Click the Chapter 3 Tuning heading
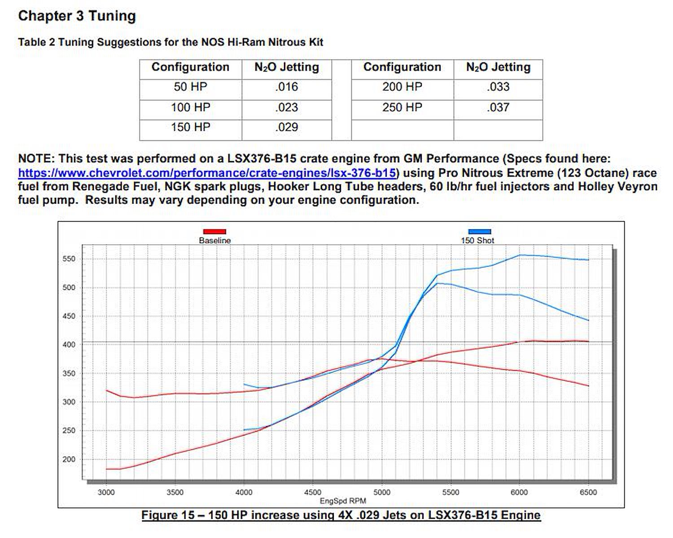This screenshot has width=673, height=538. coord(77,16)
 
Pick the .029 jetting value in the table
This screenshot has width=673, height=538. coord(286,127)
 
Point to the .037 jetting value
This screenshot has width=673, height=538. coord(498,107)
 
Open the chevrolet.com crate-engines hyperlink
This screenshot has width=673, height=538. coord(207,173)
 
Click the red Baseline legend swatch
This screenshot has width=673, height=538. coord(214,232)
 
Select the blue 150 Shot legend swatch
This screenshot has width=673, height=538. coord(480,232)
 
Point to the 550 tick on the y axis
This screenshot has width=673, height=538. coord(69,259)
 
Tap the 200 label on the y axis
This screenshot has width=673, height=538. coord(69,459)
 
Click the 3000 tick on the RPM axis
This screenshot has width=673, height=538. coord(106,492)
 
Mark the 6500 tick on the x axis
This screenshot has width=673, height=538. coord(588,492)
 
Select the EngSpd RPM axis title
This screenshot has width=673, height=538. coord(343,501)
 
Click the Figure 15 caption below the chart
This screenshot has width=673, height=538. coord(341,515)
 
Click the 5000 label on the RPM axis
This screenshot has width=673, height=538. coord(382,492)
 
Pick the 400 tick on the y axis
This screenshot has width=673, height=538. coord(69,345)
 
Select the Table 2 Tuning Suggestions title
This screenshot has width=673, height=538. coord(170,42)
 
